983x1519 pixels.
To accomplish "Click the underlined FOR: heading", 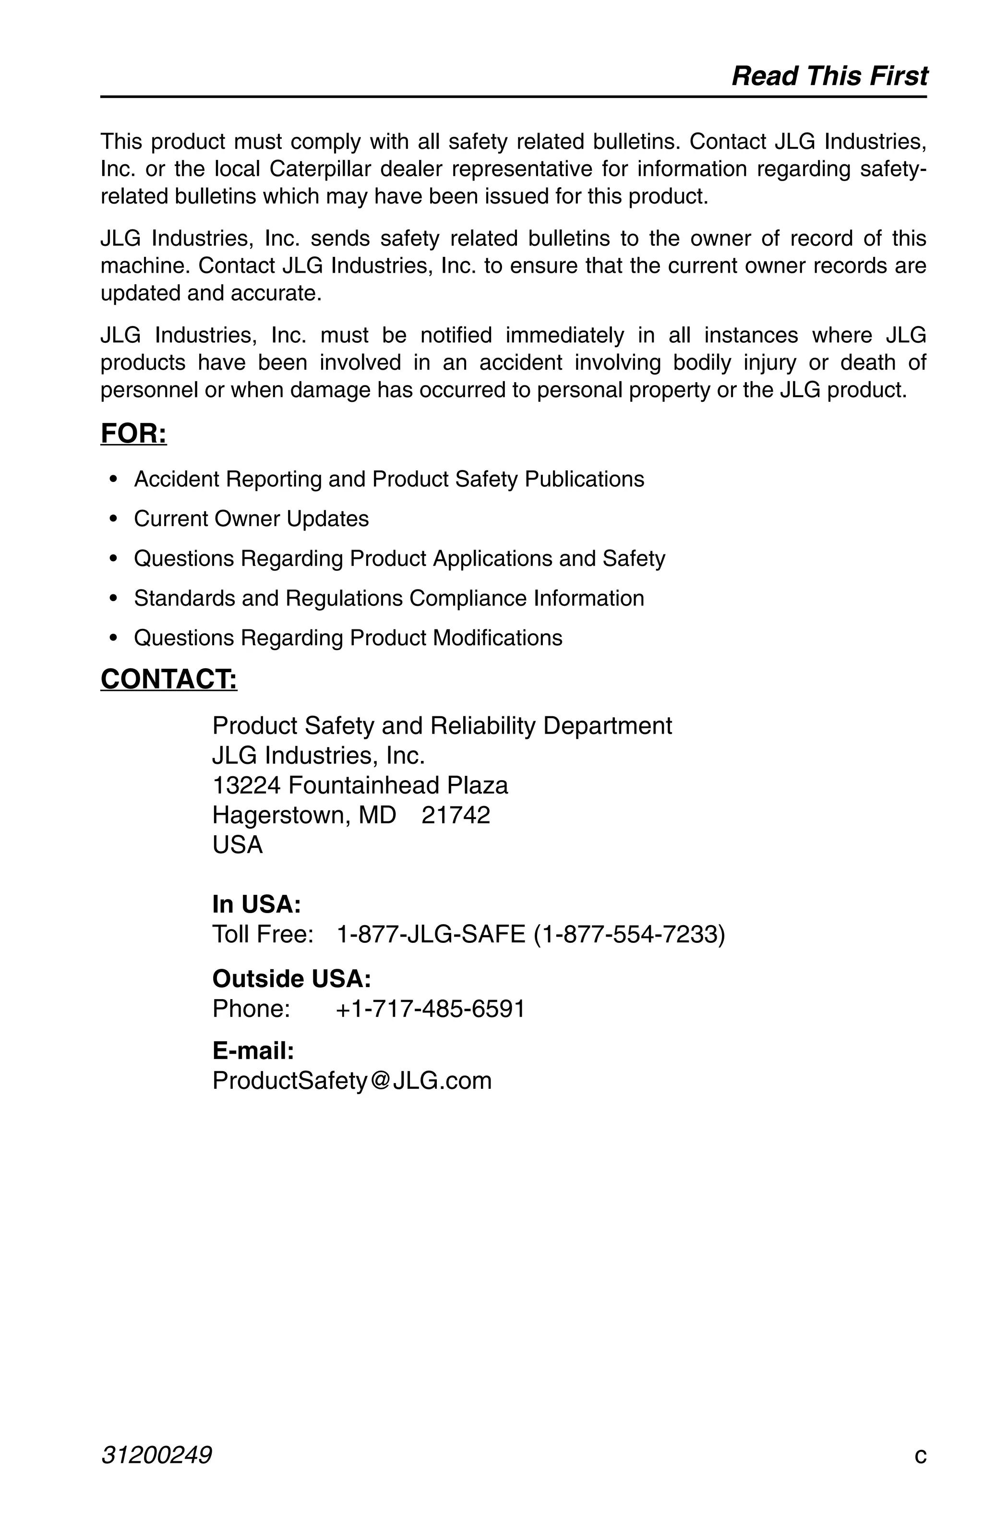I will (133, 434).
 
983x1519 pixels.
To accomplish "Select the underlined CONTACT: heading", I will (168, 678).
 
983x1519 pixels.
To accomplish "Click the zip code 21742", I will (456, 815).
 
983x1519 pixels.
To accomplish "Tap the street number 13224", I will (246, 785).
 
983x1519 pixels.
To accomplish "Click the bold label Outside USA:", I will (291, 978).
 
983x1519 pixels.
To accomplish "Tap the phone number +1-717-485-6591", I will (430, 1008).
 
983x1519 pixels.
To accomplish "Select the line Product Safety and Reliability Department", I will (442, 726).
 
